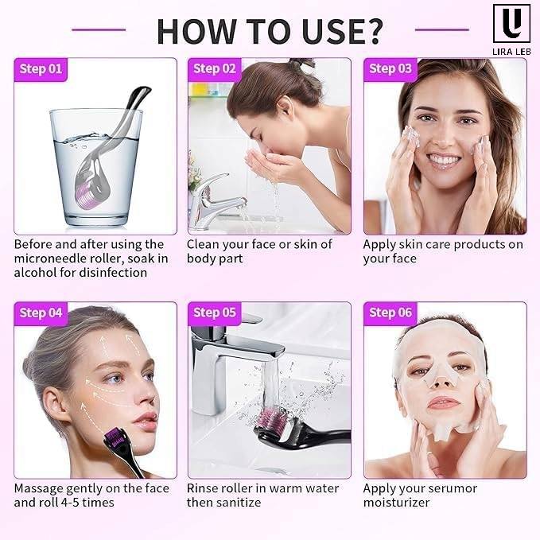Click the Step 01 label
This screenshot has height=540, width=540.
click(x=41, y=69)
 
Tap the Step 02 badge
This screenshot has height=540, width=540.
click(x=215, y=69)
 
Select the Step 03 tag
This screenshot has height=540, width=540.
click(x=390, y=69)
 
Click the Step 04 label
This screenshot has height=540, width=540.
click(x=41, y=313)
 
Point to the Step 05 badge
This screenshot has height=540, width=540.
click(x=215, y=313)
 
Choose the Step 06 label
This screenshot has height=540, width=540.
click(x=390, y=313)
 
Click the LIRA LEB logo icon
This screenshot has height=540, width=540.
click(x=511, y=23)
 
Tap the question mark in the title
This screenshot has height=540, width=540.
click(x=371, y=31)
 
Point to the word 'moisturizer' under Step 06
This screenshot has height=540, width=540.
click(x=396, y=503)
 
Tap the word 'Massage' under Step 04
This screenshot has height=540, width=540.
click(x=38, y=489)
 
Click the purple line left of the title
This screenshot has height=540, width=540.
click(x=99, y=30)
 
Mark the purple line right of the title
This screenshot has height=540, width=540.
click(x=442, y=30)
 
